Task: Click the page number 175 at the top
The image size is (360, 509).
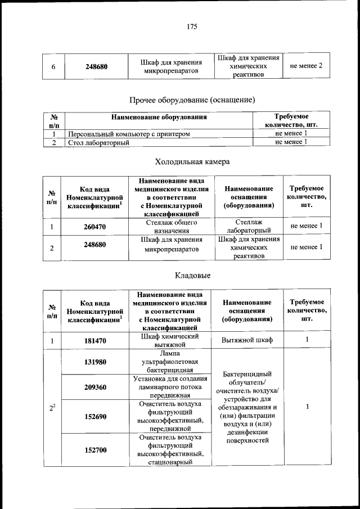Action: tap(192, 26)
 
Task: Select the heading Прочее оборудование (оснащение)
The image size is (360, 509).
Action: tap(192, 100)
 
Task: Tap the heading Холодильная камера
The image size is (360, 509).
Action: tap(192, 162)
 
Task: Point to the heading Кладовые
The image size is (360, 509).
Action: tap(193, 276)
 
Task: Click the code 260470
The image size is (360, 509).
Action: tap(96, 227)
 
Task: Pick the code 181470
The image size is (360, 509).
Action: tap(96, 340)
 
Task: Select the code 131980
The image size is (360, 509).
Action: tap(96, 362)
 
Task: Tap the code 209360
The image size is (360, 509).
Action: tap(96, 388)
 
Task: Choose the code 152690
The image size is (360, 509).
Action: tap(96, 417)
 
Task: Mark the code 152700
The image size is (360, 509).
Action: tap(96, 450)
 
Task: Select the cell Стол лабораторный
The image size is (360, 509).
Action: tap(99, 143)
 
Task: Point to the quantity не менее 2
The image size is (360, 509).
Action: tap(306, 66)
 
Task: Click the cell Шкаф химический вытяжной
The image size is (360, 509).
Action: tap(170, 340)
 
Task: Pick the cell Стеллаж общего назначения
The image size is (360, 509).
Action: tap(170, 227)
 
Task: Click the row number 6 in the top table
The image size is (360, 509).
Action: tap(53, 66)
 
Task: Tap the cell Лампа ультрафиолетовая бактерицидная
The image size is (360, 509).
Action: tap(169, 362)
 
